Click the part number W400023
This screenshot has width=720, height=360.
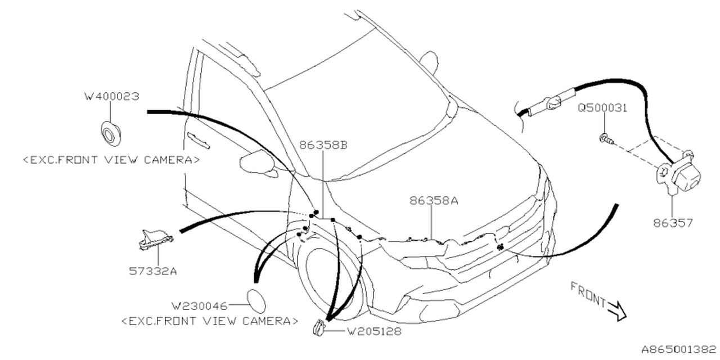(111, 97)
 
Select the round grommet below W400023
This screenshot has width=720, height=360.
(110, 133)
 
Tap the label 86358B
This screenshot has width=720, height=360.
(323, 145)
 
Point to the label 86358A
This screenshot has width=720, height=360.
(434, 200)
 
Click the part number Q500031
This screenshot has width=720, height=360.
(602, 108)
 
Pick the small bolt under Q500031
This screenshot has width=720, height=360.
(605, 137)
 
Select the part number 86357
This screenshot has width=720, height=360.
(673, 223)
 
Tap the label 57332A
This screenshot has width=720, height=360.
(154, 271)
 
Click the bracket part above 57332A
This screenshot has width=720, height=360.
(155, 239)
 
